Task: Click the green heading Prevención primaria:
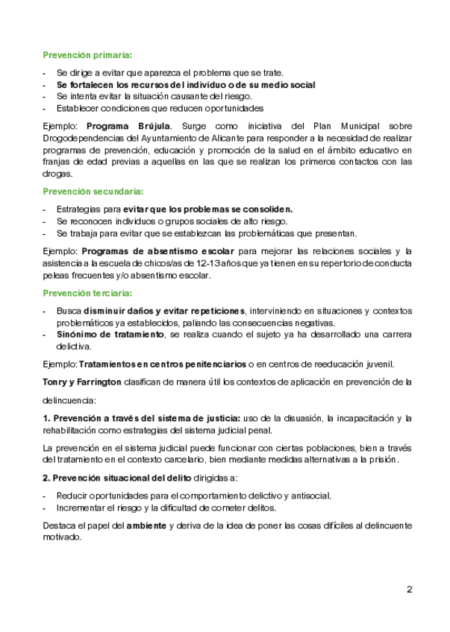pos(87,54)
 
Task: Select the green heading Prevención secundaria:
pos(93,192)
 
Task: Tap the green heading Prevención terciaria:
pos(87,293)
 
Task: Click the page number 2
pos(409,589)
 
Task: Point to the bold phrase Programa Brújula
pos(128,126)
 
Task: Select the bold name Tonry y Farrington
pos(82,382)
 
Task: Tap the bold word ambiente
pos(147,525)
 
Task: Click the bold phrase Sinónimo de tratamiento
pos(110,335)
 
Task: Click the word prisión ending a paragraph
pos(382,459)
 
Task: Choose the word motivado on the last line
pos(62,537)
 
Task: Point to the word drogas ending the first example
pos(58,174)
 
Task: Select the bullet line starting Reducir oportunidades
pos(194,496)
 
